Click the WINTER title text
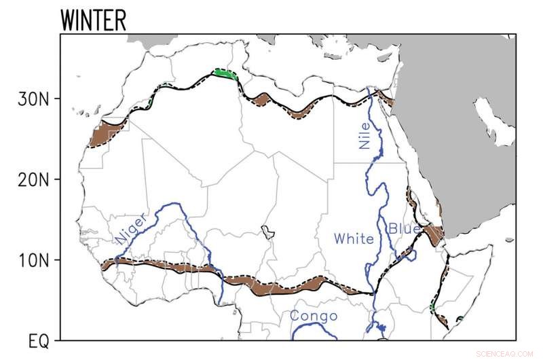[x=93, y=20]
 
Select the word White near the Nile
[x=353, y=238]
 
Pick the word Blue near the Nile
[x=404, y=229]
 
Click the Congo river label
[x=314, y=317]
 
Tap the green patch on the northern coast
[x=225, y=73]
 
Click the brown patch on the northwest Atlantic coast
[x=107, y=133]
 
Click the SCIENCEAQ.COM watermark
[x=505, y=353]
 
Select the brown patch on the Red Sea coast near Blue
[x=433, y=234]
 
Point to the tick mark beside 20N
[x=56, y=179]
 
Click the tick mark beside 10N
[x=56, y=260]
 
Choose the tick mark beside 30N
[x=56, y=98]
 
